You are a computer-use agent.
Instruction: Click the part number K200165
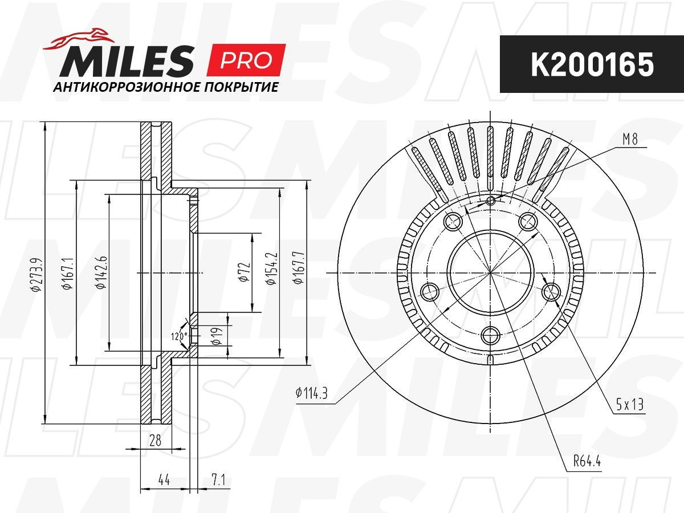(x=592, y=66)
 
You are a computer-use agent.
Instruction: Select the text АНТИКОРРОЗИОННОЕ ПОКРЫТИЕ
(x=165, y=88)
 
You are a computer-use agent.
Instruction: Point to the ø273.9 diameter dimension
(x=35, y=274)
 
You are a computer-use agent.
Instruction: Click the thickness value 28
(x=155, y=440)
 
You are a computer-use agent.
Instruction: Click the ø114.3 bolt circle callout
(x=312, y=393)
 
